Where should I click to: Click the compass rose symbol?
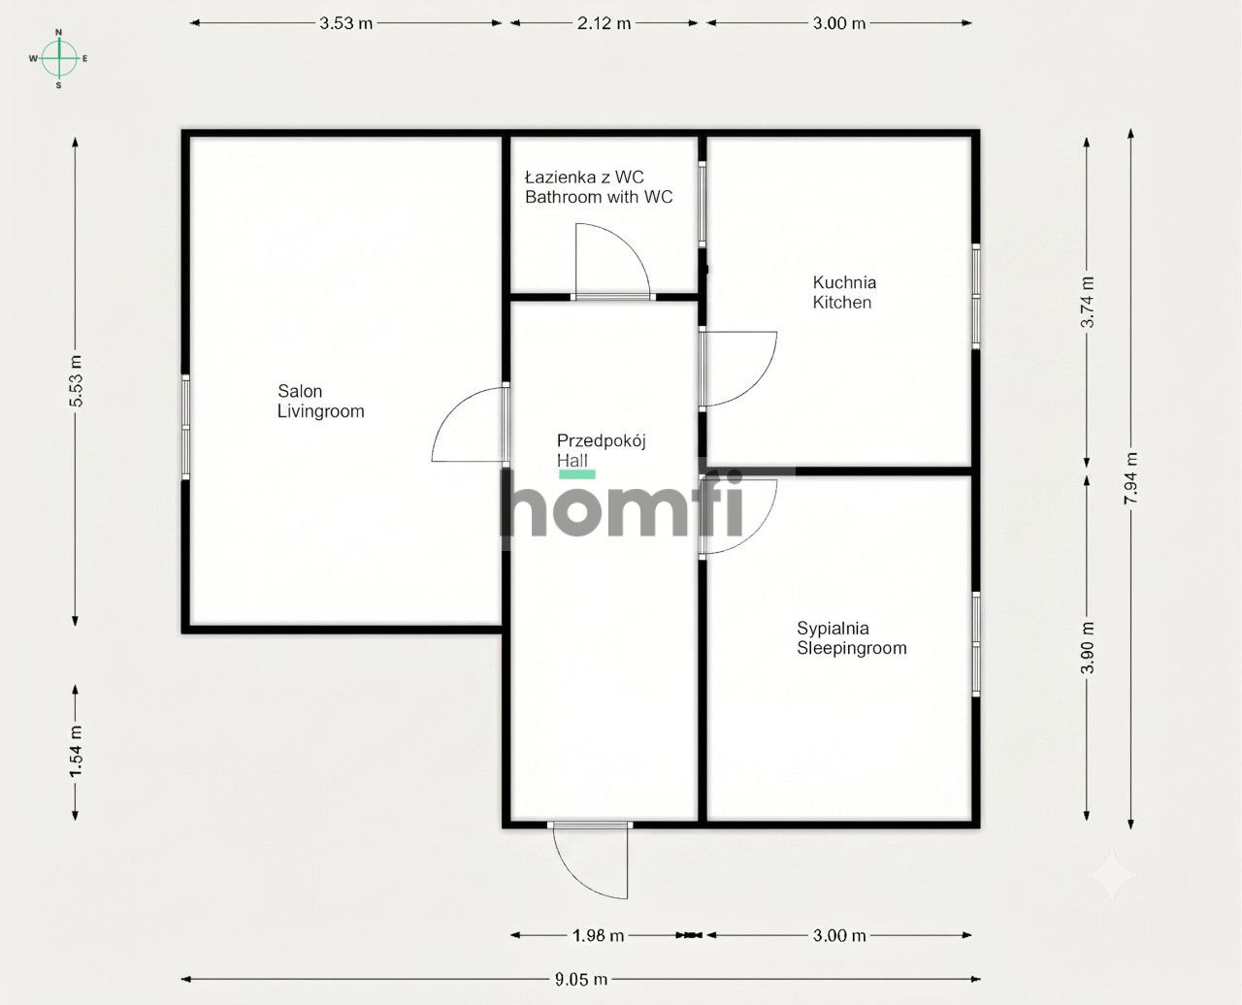pos(58,58)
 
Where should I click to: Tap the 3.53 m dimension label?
pos(345,23)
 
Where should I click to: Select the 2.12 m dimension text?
pos(604,23)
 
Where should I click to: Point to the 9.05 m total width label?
pos(581,979)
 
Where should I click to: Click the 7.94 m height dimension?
pos(1130,478)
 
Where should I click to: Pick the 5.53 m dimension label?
pos(76,380)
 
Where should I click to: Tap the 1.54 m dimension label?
pos(76,752)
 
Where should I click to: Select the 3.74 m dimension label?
pos(1088,302)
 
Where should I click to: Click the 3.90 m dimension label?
pos(1088,648)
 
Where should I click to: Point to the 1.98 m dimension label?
pos(598,935)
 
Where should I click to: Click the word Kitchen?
pos(842,302)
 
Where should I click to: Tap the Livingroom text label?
pos(321,411)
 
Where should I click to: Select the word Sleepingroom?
pos(851,648)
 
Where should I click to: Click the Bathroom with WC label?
pos(599,197)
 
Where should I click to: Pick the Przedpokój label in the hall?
pos(602,440)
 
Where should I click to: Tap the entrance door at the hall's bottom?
pos(591,859)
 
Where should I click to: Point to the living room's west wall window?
pos(185,427)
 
